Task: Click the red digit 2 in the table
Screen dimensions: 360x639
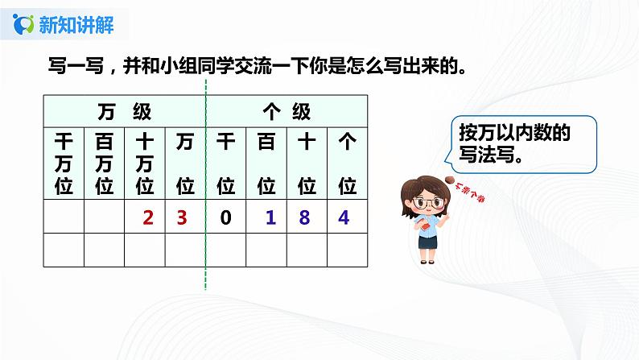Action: pyautogui.click(x=146, y=216)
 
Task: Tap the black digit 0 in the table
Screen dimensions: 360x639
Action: pyautogui.click(x=226, y=216)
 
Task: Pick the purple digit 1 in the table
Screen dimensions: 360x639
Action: pyautogui.click(x=266, y=216)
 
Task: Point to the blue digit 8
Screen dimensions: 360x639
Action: pyautogui.click(x=307, y=216)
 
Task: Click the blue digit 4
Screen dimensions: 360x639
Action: pyautogui.click(x=347, y=216)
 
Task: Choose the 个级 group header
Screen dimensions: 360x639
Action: pyautogui.click(x=287, y=109)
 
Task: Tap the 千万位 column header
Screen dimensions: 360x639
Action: pyautogui.click(x=64, y=164)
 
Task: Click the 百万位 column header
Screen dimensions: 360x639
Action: pyautogui.click(x=104, y=164)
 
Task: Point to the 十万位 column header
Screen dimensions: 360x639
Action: pyautogui.click(x=145, y=164)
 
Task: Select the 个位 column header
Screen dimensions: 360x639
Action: pyautogui.click(x=347, y=164)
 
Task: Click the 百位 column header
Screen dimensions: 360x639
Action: pyautogui.click(x=266, y=164)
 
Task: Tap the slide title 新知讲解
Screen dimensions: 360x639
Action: pyautogui.click(x=76, y=25)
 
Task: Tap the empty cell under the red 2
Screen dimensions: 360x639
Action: pyautogui.click(x=145, y=250)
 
